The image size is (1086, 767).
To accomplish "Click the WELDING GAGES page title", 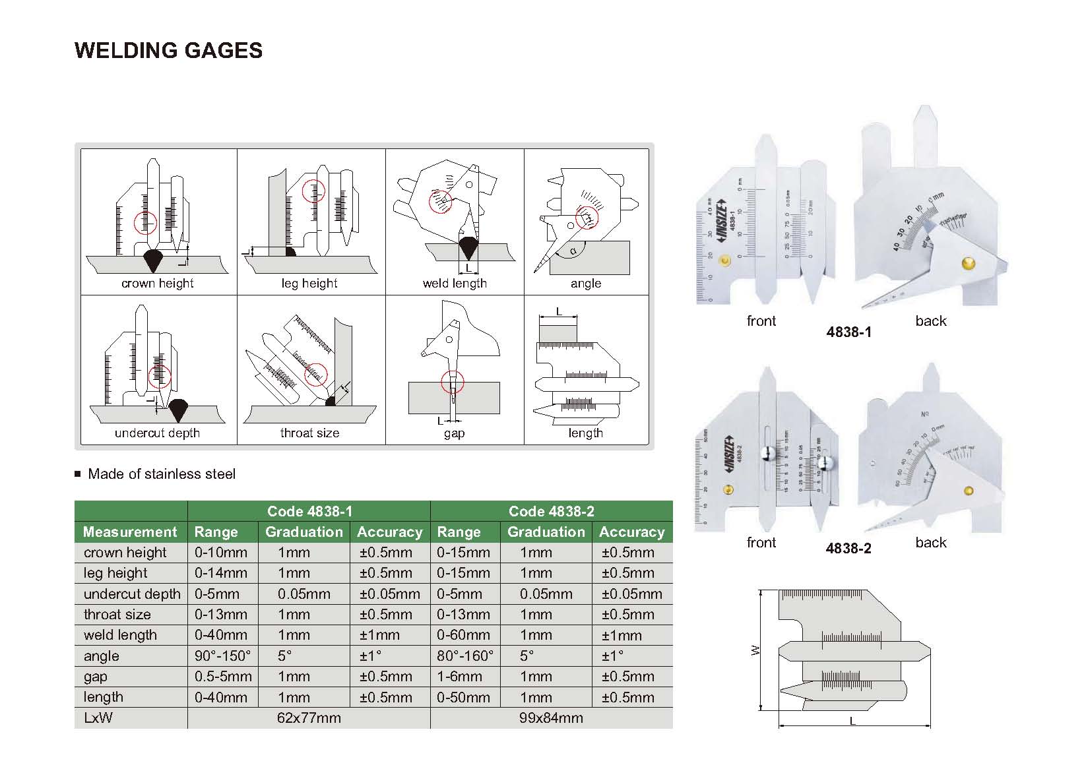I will tap(169, 50).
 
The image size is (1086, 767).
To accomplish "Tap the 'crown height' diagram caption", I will tap(157, 284).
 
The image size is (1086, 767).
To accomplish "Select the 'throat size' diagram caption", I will tap(309, 433).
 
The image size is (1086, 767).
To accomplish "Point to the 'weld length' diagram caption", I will tap(455, 284).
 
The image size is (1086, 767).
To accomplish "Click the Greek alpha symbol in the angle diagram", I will tap(573, 251).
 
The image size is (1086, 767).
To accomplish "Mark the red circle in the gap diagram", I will tap(452, 381).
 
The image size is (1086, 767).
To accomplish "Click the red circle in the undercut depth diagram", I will tap(159, 377).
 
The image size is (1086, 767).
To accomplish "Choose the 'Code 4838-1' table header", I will tap(309, 511).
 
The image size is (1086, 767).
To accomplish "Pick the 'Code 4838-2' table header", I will tap(552, 511).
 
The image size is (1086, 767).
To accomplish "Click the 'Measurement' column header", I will tap(130, 532).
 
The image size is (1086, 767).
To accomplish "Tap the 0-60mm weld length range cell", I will tap(463, 635).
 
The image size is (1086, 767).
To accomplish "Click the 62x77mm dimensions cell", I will tap(309, 718).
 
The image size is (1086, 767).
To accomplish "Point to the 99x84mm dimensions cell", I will tap(551, 718).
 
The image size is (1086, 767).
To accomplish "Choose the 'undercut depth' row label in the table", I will tap(132, 594).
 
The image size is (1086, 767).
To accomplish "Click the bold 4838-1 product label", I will tap(848, 332).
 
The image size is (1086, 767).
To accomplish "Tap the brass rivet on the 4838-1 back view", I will tap(969, 264).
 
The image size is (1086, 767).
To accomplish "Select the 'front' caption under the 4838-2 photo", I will tap(761, 543).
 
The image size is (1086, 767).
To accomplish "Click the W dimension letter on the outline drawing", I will tap(756, 650).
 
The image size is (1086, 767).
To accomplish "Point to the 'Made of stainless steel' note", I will tap(162, 474).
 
